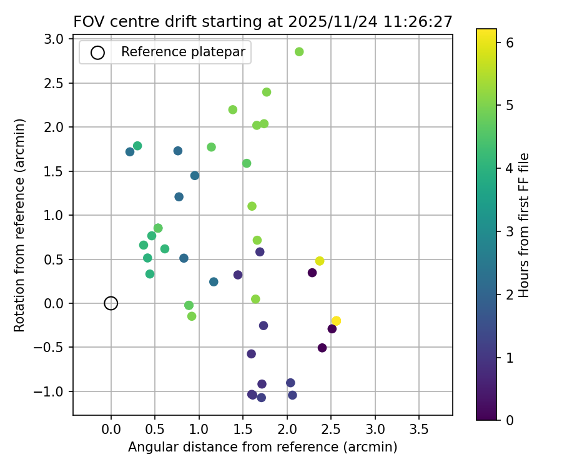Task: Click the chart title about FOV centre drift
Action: [x=262, y=22]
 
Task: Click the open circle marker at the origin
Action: [x=111, y=303]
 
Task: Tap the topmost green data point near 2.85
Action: [x=299, y=52]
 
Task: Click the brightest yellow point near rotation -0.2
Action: [x=336, y=321]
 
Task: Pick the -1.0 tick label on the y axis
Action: [x=52, y=392]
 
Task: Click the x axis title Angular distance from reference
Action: [x=262, y=447]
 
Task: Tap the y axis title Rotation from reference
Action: [x=20, y=225]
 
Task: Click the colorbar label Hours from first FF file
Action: [x=525, y=225]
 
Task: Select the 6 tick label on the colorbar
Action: [x=510, y=43]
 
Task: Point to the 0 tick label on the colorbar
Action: [x=510, y=420]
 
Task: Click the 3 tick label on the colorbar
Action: [x=510, y=231]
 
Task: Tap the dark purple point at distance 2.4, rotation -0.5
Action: [x=322, y=348]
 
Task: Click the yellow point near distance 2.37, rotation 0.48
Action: [x=320, y=261]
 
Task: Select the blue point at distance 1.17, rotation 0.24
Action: [x=214, y=282]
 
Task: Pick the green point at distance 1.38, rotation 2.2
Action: [x=233, y=109]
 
